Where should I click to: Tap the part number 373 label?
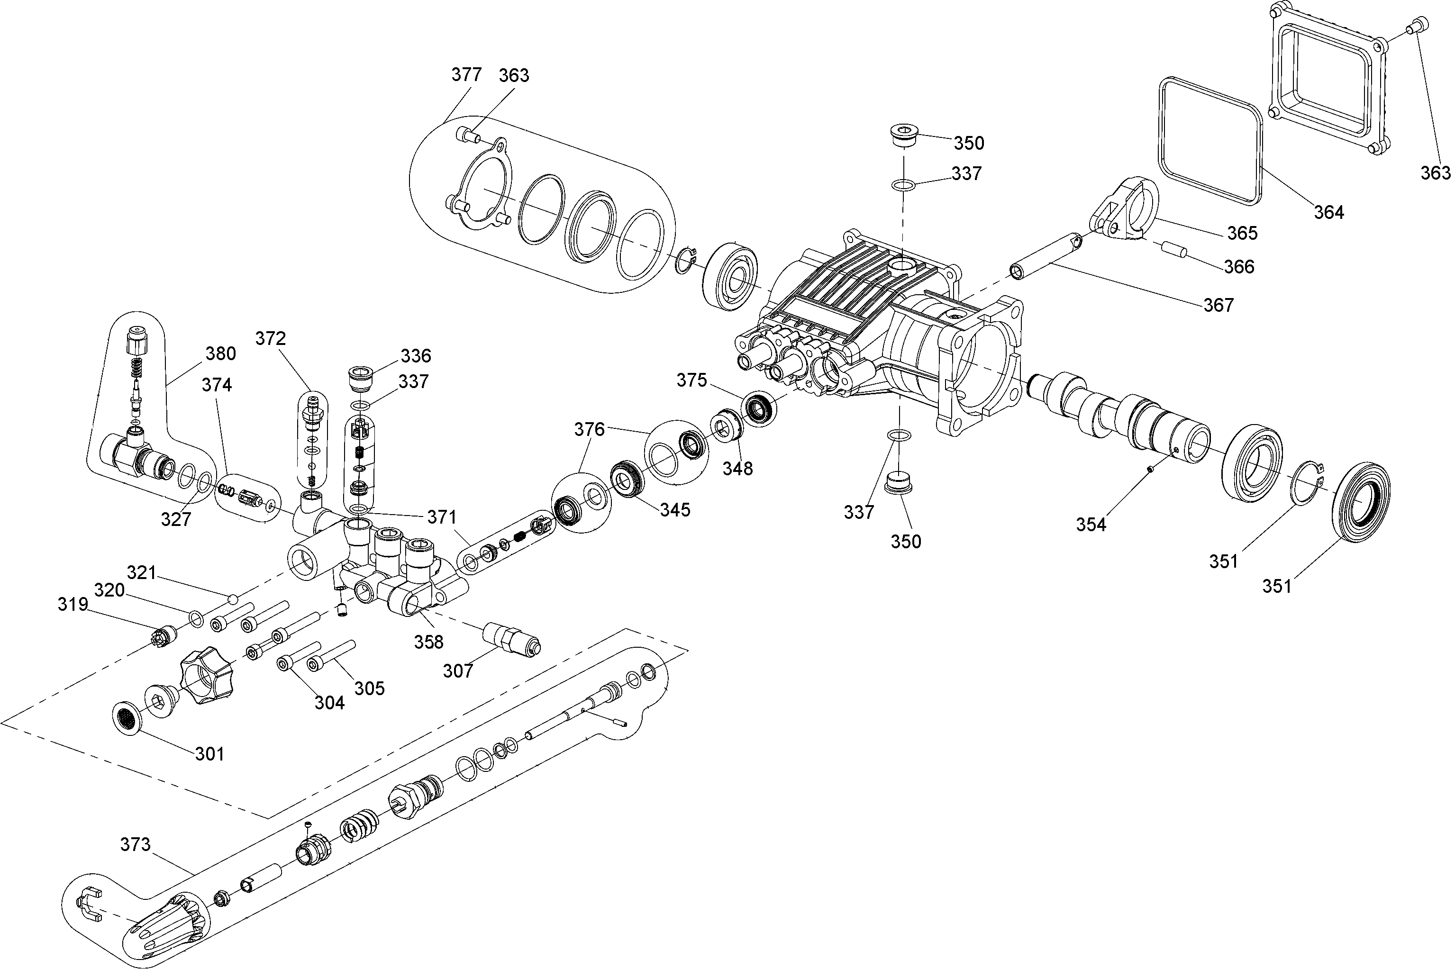click(136, 844)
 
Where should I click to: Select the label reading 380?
click(220, 353)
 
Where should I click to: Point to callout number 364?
click(1328, 213)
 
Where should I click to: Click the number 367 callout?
click(1218, 305)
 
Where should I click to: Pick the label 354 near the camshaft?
click(1091, 525)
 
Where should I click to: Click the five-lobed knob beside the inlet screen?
click(205, 675)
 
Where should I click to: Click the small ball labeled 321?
click(233, 599)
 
